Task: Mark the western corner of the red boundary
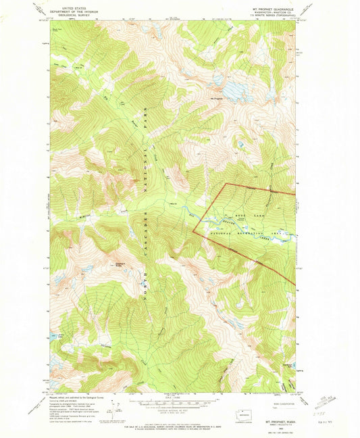point(193,231)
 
